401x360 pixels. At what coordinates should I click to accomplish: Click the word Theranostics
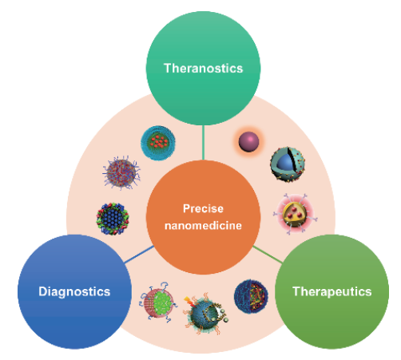point(203,69)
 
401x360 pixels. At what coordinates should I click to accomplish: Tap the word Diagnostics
point(74,291)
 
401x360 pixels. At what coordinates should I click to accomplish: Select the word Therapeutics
point(332,291)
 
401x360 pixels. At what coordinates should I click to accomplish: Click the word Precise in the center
point(203,208)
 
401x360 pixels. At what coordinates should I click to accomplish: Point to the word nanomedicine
point(203,226)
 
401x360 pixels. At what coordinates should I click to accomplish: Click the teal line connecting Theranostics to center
point(203,142)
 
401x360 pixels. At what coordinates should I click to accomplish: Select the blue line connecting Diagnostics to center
point(139,255)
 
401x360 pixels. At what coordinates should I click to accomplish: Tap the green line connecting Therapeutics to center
point(268,255)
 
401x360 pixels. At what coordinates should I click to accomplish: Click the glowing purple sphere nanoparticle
point(248,142)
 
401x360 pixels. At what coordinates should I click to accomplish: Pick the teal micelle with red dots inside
point(158,143)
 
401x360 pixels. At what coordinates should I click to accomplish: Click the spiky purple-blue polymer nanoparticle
point(121,173)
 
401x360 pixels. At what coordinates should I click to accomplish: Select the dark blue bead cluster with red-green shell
point(113,219)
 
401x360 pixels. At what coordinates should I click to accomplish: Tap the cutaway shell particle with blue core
point(288,164)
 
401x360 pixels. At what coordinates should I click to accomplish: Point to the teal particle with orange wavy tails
point(205,314)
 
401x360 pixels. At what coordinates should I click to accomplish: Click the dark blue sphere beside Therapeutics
point(251,296)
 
